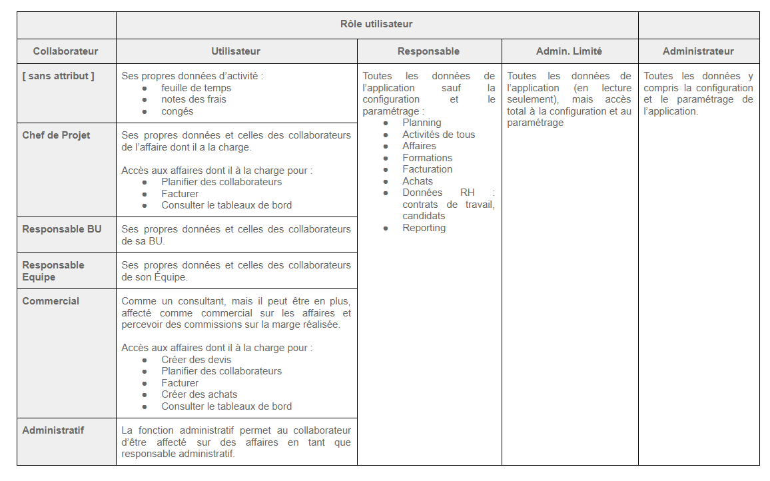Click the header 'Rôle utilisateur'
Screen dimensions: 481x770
coord(376,24)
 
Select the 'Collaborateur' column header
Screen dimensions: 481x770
coord(65,51)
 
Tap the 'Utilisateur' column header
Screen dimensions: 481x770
coord(236,51)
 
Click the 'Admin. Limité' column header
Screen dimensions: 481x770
coord(569,51)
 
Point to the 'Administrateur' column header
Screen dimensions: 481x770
coord(698,51)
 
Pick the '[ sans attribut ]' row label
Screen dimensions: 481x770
coord(58,76)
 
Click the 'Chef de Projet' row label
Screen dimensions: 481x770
coord(56,135)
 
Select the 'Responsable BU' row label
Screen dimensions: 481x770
coord(62,229)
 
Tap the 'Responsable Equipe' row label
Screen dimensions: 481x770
coord(53,270)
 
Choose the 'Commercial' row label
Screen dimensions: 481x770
coord(51,301)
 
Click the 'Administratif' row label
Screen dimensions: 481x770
coord(53,430)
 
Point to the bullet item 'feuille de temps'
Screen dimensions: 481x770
coord(196,88)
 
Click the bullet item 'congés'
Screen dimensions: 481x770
coord(177,111)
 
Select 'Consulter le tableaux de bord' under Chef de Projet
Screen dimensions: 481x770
coord(226,205)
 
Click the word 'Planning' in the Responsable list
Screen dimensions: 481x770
coord(422,123)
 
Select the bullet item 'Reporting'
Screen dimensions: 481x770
coord(424,228)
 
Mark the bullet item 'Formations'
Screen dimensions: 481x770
coord(427,158)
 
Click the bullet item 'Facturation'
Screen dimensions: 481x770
coord(427,169)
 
